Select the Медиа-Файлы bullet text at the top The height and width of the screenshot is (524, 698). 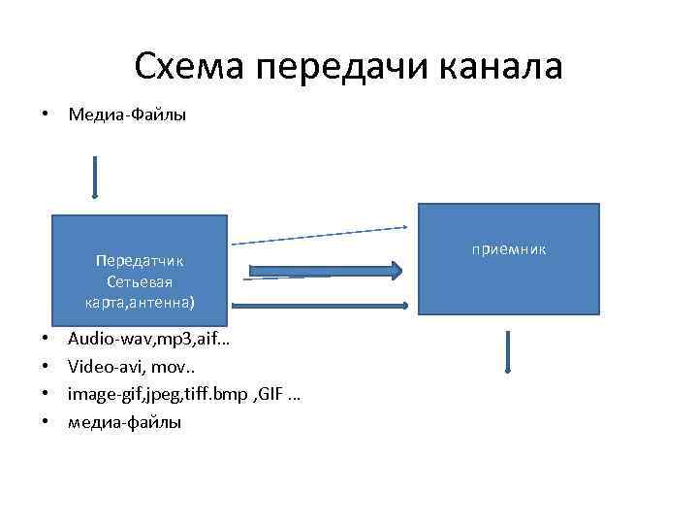pyautogui.click(x=127, y=115)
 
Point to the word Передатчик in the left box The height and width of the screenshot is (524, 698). pyautogui.click(x=140, y=260)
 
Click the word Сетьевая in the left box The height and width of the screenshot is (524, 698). pyautogui.click(x=140, y=281)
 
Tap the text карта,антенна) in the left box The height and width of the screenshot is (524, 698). pyautogui.click(x=140, y=303)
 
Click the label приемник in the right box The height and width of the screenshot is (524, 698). pyautogui.click(x=509, y=250)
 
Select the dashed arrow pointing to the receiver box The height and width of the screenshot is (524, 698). pyautogui.click(x=320, y=235)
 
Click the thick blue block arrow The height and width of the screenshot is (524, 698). pyautogui.click(x=326, y=271)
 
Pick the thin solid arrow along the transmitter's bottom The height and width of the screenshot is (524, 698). pyautogui.click(x=320, y=306)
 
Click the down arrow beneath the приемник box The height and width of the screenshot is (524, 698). pyautogui.click(x=508, y=350)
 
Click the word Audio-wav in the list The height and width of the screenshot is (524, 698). pyautogui.click(x=103, y=341)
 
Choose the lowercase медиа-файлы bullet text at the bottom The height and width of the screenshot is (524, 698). pyautogui.click(x=124, y=422)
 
